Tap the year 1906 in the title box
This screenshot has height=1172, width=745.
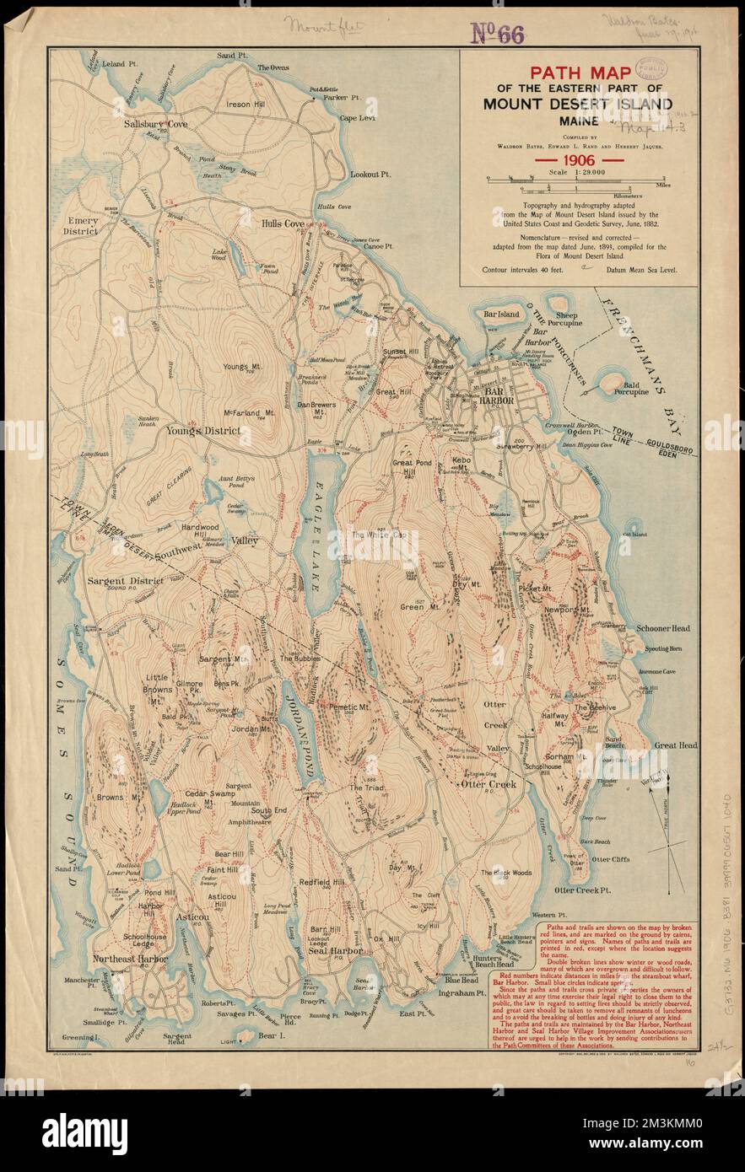(x=578, y=158)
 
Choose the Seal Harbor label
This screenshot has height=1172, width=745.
(x=334, y=950)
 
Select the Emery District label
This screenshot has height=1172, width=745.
(x=83, y=226)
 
